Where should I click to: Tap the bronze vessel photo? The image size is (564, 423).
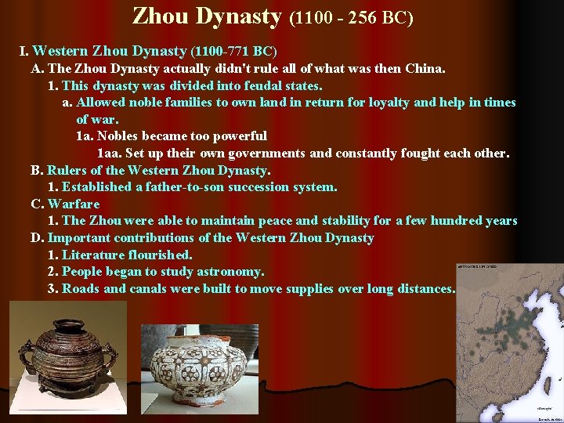pos(67,358)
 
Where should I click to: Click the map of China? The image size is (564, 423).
pos(510,342)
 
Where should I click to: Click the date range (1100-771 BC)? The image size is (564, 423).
pos(233,52)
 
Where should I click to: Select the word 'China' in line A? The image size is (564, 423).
pos(425,68)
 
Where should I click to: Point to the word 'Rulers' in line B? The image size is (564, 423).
pos(67,170)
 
